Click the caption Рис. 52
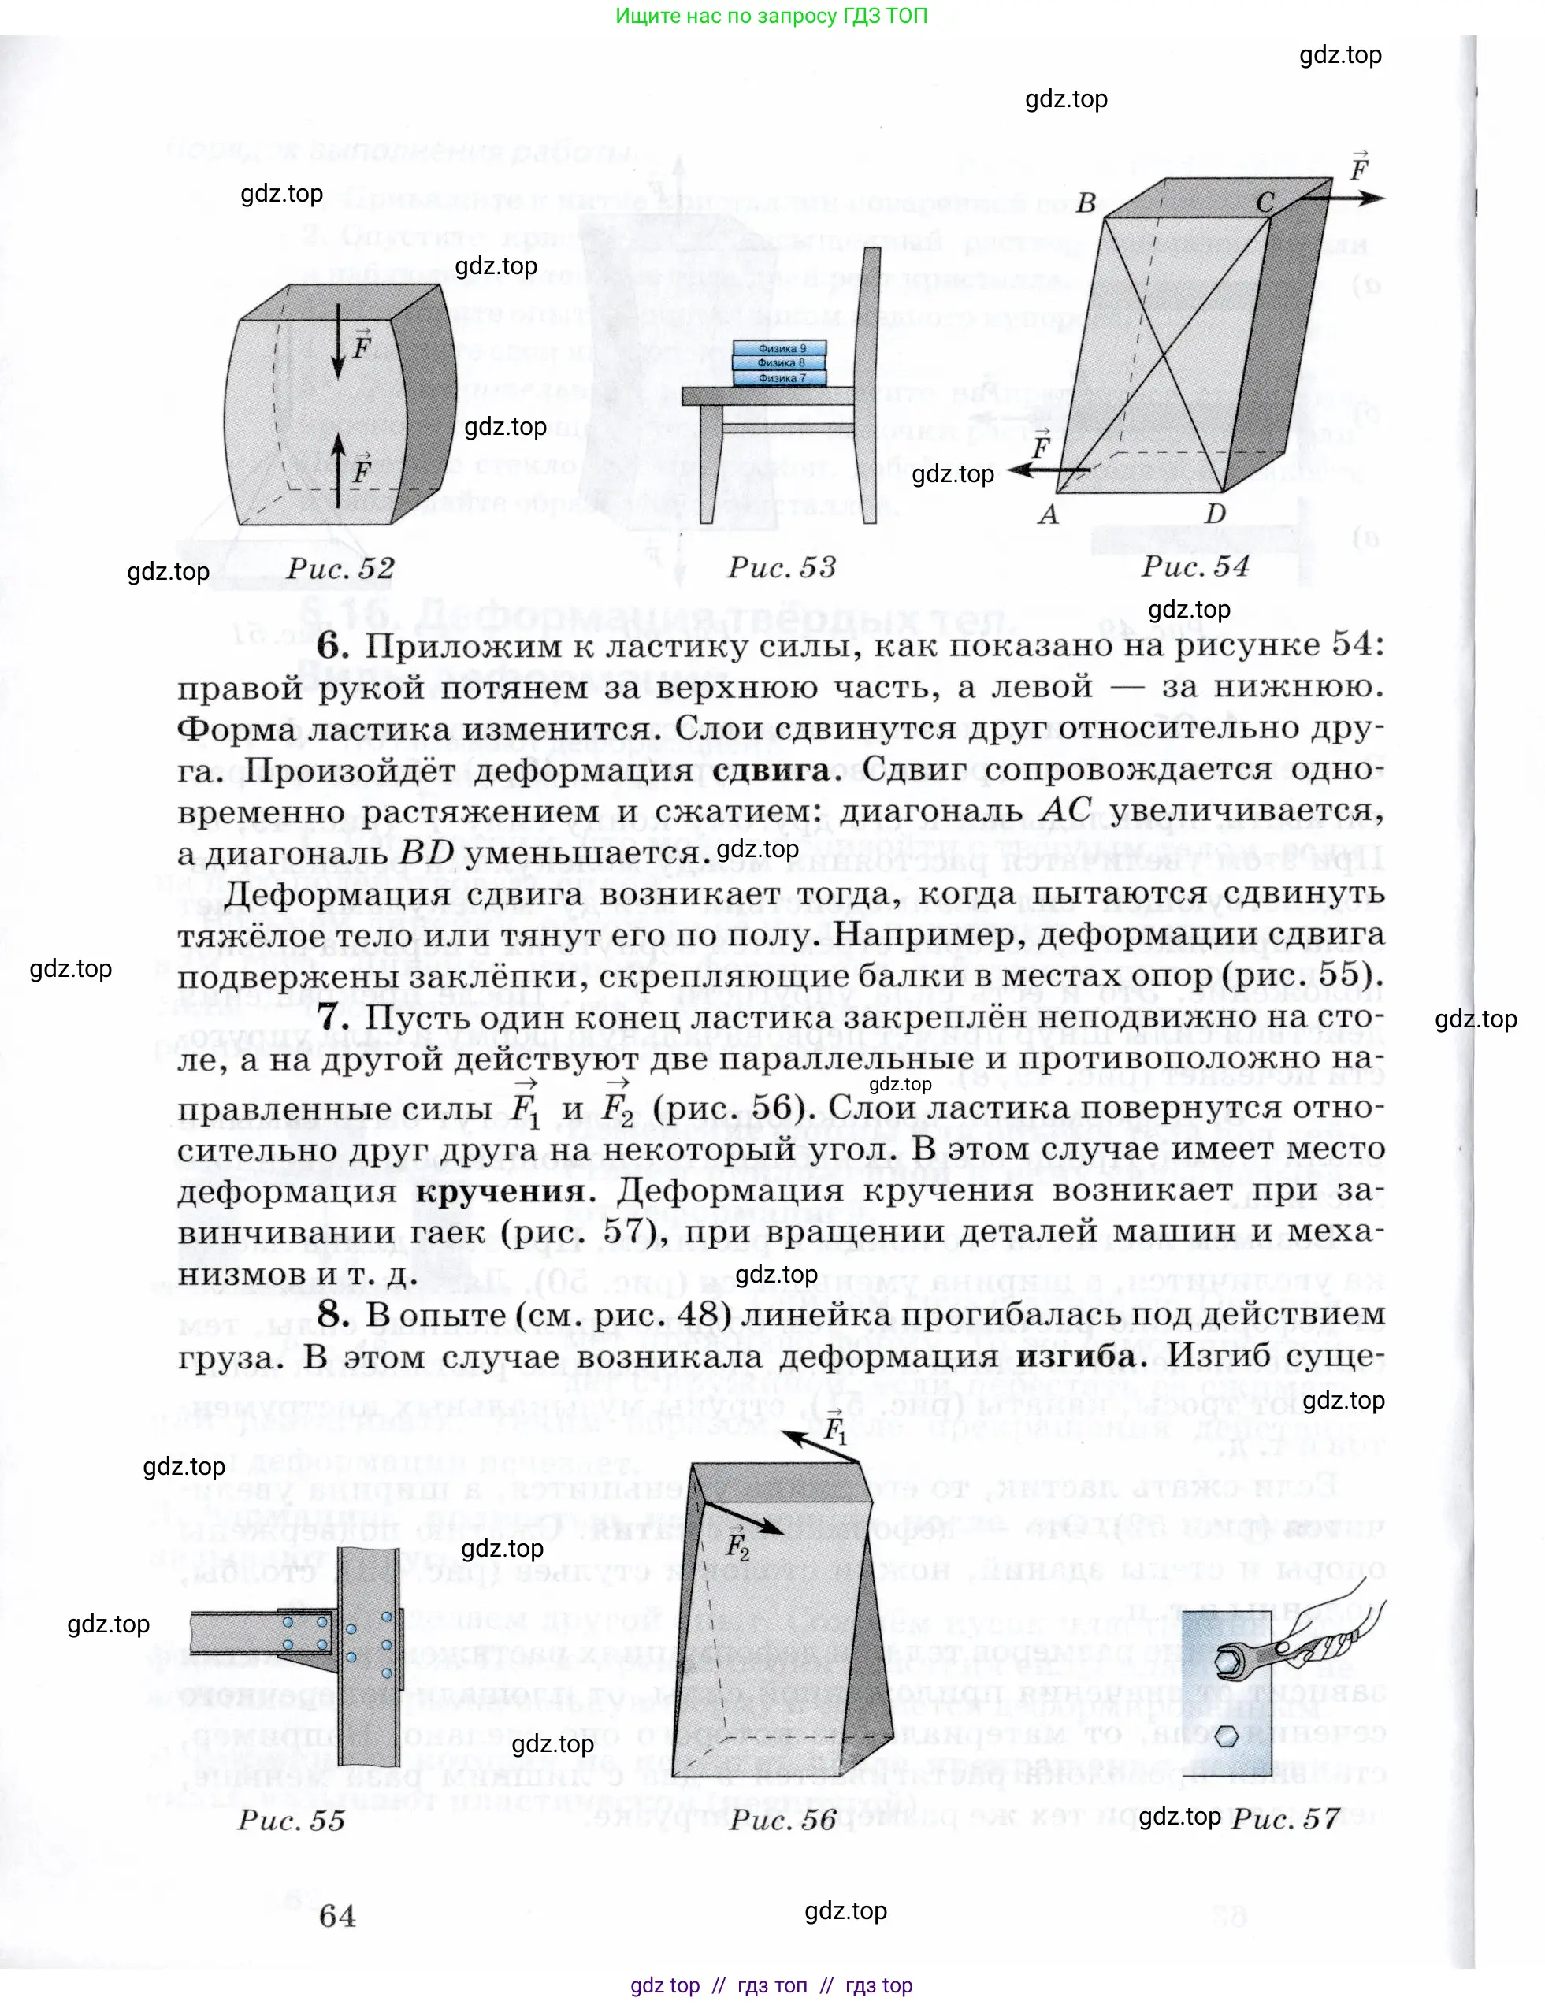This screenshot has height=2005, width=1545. point(340,569)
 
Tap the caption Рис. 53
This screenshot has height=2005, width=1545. point(782,567)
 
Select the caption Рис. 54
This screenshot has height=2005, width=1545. point(1195,566)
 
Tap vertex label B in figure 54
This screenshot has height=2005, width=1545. point(1086,203)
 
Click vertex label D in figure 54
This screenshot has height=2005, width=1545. point(1215,513)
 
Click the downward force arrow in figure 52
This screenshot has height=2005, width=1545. point(338,340)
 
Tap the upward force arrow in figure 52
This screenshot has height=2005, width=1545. point(338,468)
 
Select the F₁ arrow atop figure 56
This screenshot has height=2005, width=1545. point(822,1446)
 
